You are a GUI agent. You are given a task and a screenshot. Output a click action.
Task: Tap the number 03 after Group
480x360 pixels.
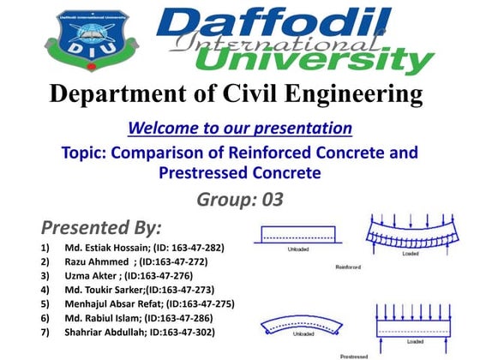tap(267, 201)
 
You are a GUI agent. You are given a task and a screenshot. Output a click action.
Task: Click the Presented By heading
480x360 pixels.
tap(100, 228)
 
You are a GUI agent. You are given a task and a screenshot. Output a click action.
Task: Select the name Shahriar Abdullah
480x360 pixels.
tap(105, 332)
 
